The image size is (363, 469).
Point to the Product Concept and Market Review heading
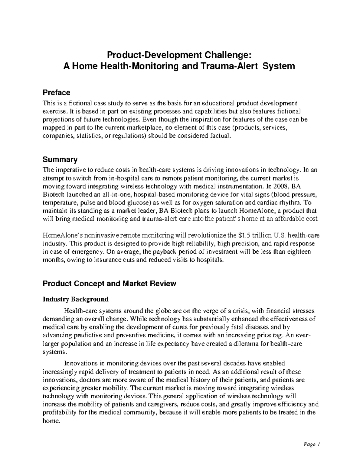(x=109, y=284)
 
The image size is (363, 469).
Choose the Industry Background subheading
(x=76, y=299)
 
